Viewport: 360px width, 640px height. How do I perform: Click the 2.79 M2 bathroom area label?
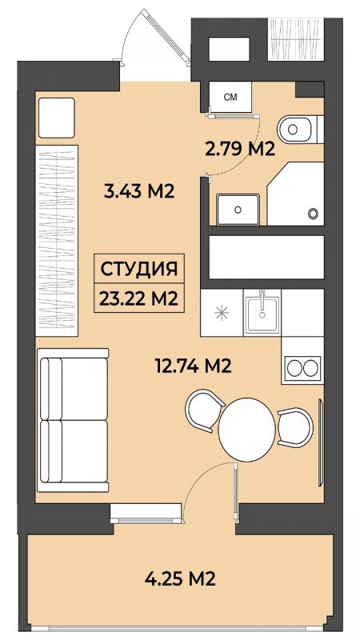[x=238, y=149]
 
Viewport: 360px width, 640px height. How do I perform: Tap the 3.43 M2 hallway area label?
[x=139, y=190]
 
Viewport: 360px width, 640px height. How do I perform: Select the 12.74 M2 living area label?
[x=194, y=366]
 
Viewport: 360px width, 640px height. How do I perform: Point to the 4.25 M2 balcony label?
[x=180, y=578]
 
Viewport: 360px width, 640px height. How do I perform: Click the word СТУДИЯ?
[x=138, y=270]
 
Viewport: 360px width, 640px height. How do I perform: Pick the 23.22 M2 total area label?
[x=138, y=299]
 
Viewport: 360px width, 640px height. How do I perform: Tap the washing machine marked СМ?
[x=230, y=97]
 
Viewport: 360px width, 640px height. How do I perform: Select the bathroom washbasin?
[x=238, y=210]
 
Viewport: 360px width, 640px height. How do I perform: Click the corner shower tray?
[x=295, y=194]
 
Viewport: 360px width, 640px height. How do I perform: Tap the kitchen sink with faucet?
[x=262, y=311]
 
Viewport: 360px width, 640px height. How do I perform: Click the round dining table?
[x=247, y=430]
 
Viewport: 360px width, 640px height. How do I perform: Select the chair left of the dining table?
[x=203, y=410]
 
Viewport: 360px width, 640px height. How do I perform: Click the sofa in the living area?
[x=73, y=420]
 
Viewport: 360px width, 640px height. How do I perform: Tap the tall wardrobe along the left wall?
[x=57, y=241]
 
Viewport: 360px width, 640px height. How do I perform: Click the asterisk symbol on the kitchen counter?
[x=222, y=313]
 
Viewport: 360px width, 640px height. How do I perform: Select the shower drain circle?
[x=313, y=213]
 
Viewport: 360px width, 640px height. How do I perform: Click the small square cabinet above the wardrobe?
[x=57, y=118]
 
